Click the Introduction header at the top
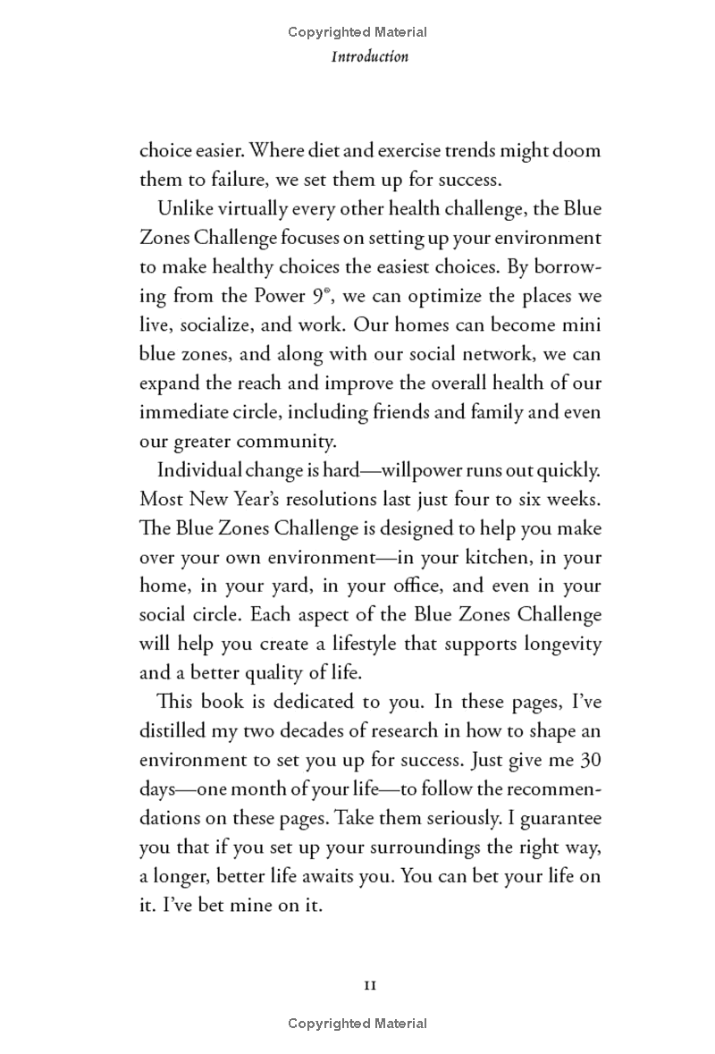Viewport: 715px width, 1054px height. point(370,56)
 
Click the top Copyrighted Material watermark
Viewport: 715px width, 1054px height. point(357,32)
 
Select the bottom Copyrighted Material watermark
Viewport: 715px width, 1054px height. point(357,1024)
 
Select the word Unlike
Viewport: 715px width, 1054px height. point(182,209)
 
